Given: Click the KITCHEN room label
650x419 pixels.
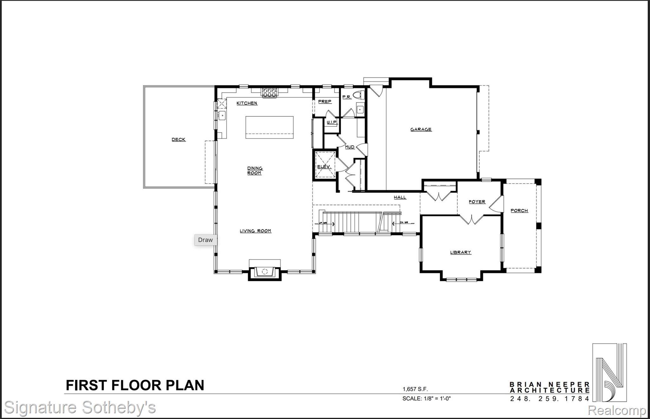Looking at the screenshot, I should point(247,103).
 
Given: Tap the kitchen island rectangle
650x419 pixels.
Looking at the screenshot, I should point(269,127).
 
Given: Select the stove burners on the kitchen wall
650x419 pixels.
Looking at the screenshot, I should point(269,92).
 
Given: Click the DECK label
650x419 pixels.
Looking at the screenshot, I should point(178,139).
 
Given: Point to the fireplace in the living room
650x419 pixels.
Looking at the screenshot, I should point(265,271).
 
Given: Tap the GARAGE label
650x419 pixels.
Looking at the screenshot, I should point(421,129).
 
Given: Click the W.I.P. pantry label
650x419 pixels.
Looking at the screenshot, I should point(331,122).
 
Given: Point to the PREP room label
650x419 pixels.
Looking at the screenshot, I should point(325,101).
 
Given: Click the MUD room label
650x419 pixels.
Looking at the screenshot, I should point(349,147).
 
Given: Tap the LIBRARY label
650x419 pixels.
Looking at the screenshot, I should point(460,252).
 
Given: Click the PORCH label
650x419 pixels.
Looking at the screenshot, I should point(519,210).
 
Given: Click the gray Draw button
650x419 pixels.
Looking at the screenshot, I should point(205,240).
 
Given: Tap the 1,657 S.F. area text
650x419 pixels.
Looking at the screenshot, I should point(413,389).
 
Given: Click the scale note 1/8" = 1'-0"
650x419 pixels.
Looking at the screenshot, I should point(426,398).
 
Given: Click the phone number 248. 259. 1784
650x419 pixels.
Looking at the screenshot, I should point(549,399).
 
